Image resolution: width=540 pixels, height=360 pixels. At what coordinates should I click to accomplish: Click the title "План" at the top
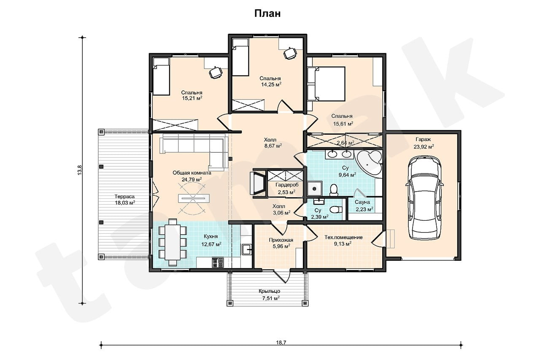267,14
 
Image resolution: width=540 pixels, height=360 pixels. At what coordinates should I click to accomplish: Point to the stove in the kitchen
218,263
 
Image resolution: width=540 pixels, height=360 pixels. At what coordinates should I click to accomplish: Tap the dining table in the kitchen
173,242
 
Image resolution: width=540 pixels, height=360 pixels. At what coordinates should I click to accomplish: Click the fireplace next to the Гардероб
258,183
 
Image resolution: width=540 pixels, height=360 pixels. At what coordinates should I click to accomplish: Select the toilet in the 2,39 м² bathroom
336,209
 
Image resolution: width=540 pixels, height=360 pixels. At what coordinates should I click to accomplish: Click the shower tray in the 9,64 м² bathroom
314,189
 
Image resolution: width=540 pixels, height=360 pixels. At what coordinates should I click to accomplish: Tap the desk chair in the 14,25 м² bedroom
290,53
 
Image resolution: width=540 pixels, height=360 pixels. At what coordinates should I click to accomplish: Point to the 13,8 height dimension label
80,170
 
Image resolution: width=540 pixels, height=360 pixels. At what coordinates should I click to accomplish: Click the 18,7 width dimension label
281,342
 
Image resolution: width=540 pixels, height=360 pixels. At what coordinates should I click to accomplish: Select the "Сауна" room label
362,202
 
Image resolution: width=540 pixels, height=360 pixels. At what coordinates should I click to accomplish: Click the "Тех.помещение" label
343,237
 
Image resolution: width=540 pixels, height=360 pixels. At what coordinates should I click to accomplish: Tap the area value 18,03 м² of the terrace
124,203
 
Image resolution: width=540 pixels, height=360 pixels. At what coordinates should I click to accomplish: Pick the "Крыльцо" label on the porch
269,291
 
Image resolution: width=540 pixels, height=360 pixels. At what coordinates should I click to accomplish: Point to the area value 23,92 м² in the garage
424,146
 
